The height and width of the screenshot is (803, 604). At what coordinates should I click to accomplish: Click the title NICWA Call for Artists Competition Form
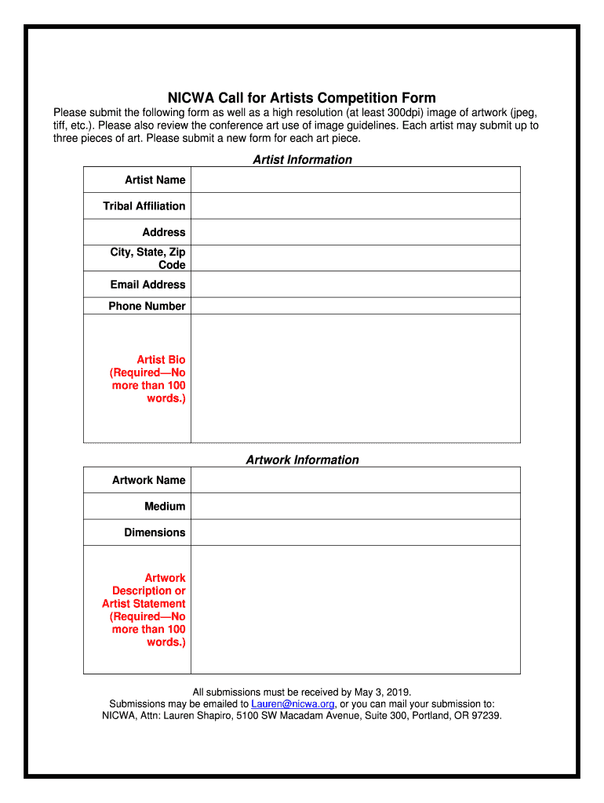click(302, 98)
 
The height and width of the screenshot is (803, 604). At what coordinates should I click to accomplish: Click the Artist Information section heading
click(302, 160)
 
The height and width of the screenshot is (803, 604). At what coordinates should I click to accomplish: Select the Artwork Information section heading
click(302, 460)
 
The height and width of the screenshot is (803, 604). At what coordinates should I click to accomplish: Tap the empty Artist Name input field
click(355, 180)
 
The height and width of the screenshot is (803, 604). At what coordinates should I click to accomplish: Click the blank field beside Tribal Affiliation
click(355, 205)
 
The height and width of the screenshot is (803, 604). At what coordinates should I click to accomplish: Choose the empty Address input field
click(355, 232)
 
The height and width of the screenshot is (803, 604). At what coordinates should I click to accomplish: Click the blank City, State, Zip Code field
click(355, 258)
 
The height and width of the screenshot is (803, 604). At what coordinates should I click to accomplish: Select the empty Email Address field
click(355, 284)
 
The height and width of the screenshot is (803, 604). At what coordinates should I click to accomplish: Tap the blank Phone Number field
click(355, 306)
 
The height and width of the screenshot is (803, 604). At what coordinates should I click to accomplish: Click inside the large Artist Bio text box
click(355, 379)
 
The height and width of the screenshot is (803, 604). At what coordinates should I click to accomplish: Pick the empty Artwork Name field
click(355, 480)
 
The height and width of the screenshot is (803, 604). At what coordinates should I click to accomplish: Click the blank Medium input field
click(355, 506)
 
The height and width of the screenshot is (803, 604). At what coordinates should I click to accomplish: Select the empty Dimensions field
click(355, 532)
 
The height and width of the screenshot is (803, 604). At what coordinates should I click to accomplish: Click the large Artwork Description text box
click(355, 609)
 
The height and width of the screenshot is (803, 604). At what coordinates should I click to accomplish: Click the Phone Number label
click(147, 307)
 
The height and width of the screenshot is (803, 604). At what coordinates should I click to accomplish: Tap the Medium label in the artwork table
click(165, 507)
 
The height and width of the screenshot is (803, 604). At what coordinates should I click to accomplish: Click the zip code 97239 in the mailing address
click(485, 716)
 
